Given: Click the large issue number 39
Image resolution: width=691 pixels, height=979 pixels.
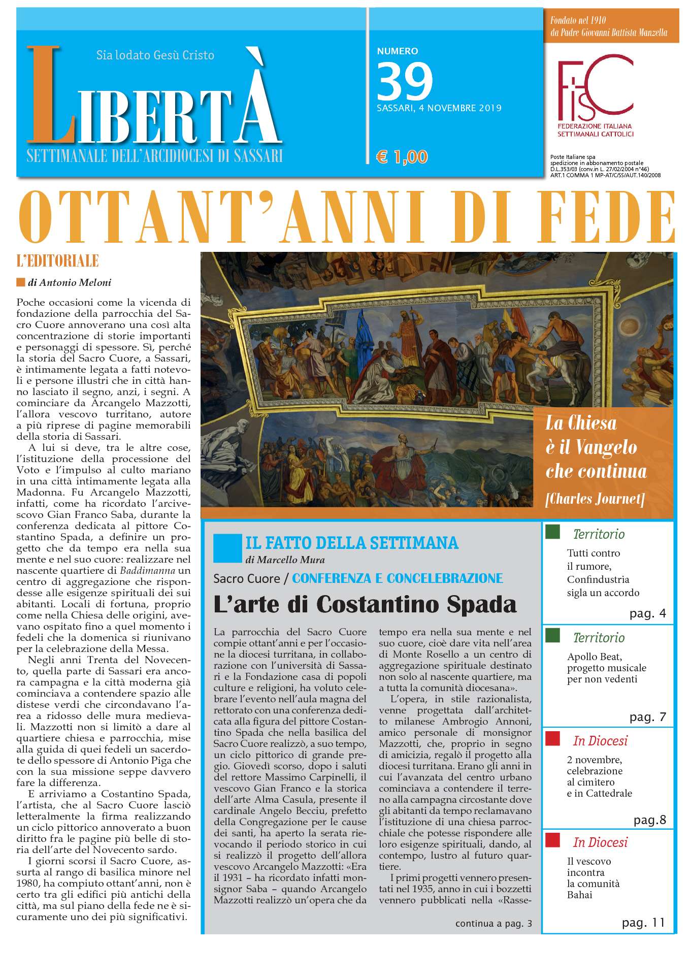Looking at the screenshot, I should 405,81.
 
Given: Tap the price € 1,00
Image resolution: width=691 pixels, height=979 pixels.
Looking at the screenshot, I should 402,156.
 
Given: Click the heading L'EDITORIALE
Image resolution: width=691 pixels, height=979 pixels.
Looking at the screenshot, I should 57,262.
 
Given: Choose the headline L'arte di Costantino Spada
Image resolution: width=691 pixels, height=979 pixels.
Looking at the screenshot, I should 365,604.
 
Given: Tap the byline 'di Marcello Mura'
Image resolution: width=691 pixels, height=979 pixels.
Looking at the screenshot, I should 285,560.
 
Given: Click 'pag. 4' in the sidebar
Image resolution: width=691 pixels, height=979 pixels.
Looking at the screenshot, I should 647,613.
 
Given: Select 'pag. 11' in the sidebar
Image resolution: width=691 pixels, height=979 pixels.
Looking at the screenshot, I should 643,923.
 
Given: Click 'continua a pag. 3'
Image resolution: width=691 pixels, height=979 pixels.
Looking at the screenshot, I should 493,923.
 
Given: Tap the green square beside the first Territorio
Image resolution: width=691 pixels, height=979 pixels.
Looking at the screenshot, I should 552,532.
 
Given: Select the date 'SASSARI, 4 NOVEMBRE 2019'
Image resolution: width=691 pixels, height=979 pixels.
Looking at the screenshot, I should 439,108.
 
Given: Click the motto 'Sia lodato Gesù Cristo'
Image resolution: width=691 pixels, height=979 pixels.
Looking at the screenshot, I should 155,55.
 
